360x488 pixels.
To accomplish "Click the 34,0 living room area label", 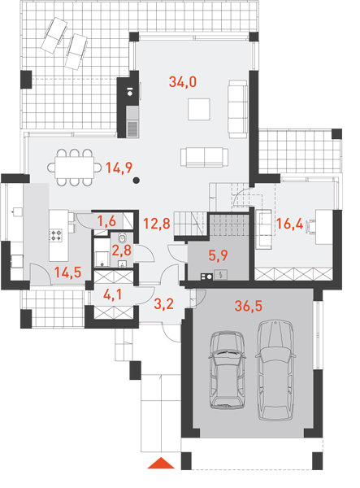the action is pyautogui.click(x=183, y=82).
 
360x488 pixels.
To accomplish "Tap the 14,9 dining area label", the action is pyautogui.click(x=119, y=168).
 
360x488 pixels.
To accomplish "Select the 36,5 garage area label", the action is pyautogui.click(x=249, y=306).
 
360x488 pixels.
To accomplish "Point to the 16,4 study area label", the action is pyautogui.click(x=289, y=224).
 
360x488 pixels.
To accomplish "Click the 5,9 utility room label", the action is pyautogui.click(x=219, y=255).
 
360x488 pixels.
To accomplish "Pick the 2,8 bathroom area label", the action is pyautogui.click(x=122, y=251).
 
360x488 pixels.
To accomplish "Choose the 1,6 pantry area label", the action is pyautogui.click(x=106, y=221).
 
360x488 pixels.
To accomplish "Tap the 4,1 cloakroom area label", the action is pyautogui.click(x=113, y=294).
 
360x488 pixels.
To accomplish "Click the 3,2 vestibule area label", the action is pyautogui.click(x=164, y=303).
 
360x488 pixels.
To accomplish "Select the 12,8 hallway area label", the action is pyautogui.click(x=157, y=224).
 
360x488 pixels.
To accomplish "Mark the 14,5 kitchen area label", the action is pyautogui.click(x=67, y=272).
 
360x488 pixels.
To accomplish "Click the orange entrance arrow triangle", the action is pyautogui.click(x=161, y=463).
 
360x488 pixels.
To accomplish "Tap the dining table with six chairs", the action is pyautogui.click(x=75, y=168).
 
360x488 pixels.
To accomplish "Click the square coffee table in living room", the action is pyautogui.click(x=199, y=109).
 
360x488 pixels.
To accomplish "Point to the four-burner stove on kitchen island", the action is pyautogui.click(x=56, y=235).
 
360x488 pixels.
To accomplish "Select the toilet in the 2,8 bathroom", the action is pyautogui.click(x=122, y=238).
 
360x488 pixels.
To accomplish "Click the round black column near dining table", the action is pyautogui.click(x=136, y=181).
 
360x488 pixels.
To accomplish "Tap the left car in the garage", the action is pyautogui.click(x=227, y=370).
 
